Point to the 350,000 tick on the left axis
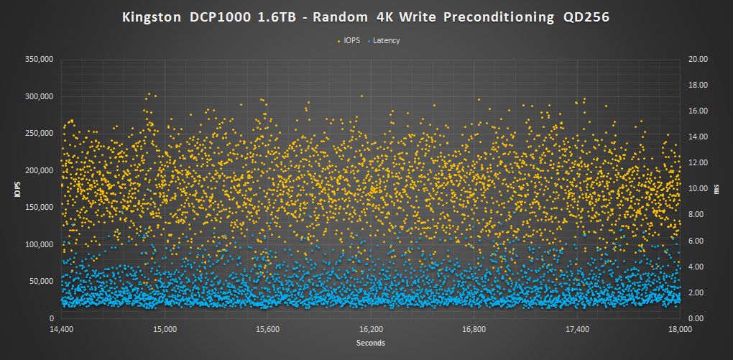(40, 60)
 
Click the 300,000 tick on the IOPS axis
(40, 96)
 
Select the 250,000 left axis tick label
(40, 134)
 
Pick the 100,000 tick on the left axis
(40, 244)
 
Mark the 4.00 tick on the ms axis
(697, 267)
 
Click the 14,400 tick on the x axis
(62, 330)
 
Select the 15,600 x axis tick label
(268, 330)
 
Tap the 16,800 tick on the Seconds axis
(474, 330)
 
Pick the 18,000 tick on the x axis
(681, 330)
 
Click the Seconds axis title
(371, 343)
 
